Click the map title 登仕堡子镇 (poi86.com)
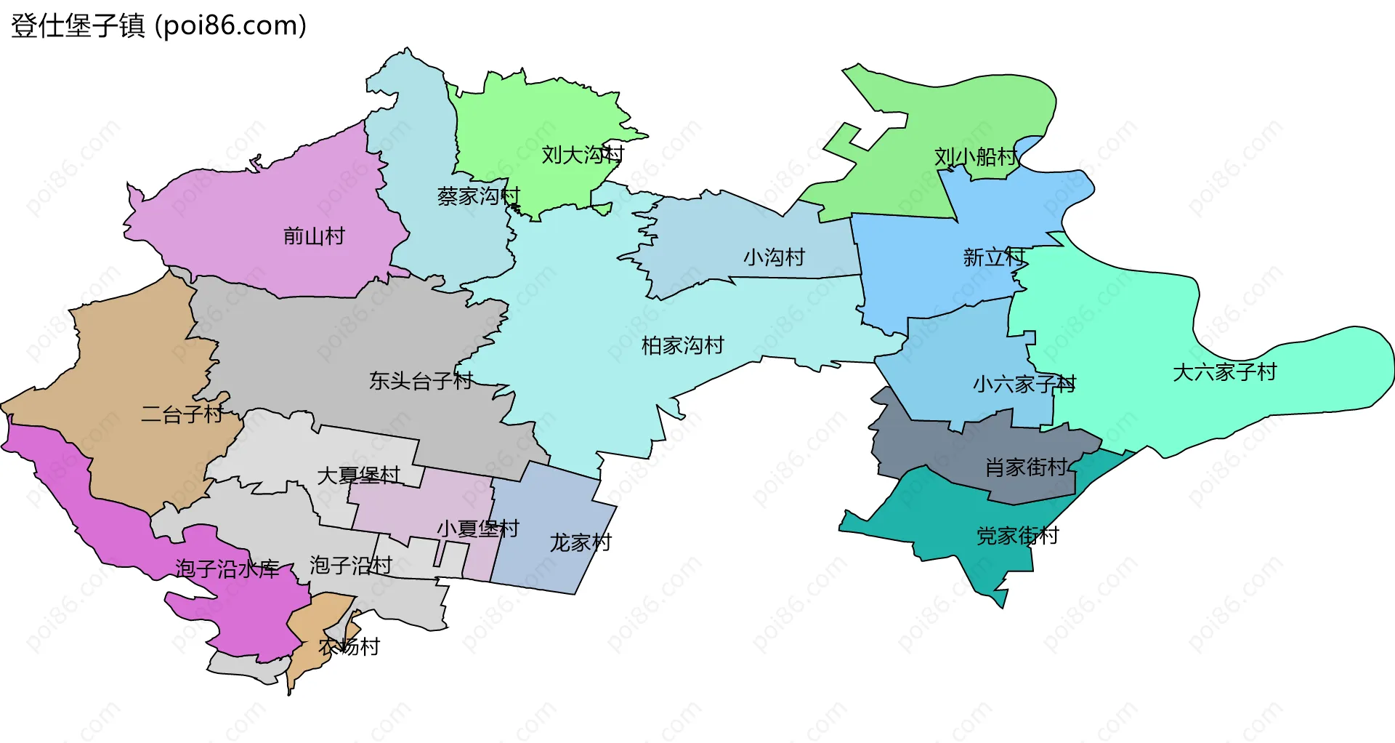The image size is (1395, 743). (x=158, y=25)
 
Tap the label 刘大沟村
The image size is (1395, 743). (x=583, y=154)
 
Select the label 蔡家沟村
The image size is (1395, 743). (x=479, y=196)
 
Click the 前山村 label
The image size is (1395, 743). (x=314, y=236)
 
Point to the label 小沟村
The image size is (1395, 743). (x=774, y=257)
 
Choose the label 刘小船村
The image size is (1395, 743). (x=975, y=156)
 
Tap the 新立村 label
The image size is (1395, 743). (x=994, y=257)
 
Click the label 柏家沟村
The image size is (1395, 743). (x=682, y=345)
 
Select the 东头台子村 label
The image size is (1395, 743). (x=421, y=380)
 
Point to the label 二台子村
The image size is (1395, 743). (x=182, y=414)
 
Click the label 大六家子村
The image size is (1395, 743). (x=1224, y=371)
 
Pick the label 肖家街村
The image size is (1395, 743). (x=1026, y=467)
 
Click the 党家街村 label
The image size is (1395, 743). (x=1017, y=536)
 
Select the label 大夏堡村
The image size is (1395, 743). (x=358, y=475)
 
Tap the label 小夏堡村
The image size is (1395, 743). (x=477, y=528)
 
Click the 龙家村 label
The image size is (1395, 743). (x=580, y=542)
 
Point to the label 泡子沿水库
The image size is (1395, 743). (x=227, y=569)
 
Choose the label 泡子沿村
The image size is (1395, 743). (x=350, y=565)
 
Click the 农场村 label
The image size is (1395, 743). (x=349, y=646)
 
